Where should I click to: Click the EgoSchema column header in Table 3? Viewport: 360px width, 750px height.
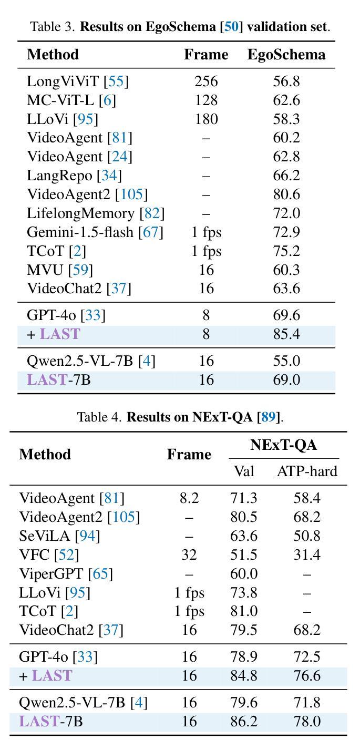click(x=286, y=55)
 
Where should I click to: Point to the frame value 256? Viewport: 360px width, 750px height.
click(x=206, y=81)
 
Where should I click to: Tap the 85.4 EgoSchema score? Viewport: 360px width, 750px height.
click(x=286, y=334)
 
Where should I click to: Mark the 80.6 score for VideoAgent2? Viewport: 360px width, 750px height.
click(x=286, y=194)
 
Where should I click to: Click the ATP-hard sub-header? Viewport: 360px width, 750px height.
click(x=307, y=471)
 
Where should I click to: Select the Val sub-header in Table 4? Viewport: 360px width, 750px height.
click(x=244, y=471)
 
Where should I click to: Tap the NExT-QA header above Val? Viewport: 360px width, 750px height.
click(x=283, y=445)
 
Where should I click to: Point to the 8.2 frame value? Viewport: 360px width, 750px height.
click(x=189, y=498)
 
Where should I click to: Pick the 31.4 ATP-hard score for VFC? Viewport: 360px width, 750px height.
click(x=307, y=554)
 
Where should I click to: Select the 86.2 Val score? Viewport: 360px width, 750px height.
click(x=244, y=722)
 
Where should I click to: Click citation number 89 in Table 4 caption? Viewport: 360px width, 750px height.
click(x=269, y=418)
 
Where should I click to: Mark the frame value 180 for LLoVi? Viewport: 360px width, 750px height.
click(x=206, y=119)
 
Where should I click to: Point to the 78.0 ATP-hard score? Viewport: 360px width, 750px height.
click(x=307, y=722)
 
